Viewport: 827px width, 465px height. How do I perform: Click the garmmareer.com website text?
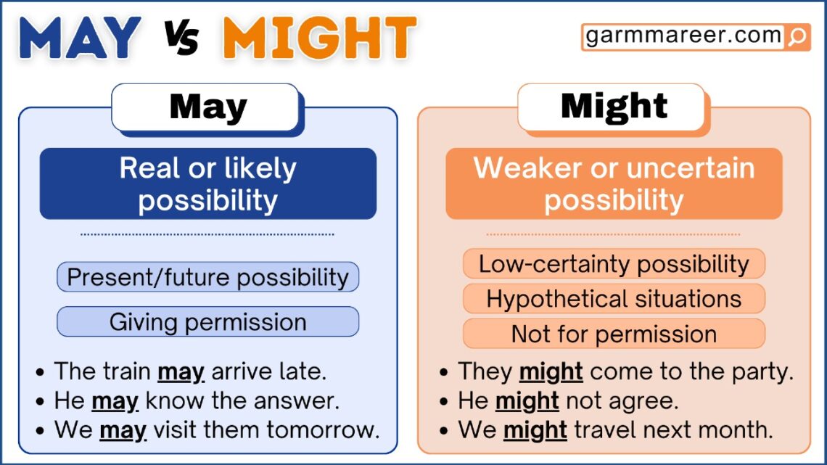tap(683, 36)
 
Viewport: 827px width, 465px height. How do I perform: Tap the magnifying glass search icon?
tap(797, 36)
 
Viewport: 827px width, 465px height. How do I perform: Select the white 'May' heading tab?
tap(207, 107)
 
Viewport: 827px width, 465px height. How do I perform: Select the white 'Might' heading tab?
tap(613, 107)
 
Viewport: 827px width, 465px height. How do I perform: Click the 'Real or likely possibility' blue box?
tap(207, 184)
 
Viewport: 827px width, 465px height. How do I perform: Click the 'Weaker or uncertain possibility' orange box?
tap(613, 184)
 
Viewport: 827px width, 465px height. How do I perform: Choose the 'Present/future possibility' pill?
tap(207, 277)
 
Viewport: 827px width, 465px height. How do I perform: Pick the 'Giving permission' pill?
tap(207, 321)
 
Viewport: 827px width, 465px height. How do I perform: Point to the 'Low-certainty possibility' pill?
tap(614, 263)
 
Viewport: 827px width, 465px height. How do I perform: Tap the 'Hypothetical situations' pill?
tap(614, 298)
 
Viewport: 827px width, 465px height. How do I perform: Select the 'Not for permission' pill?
tap(614, 334)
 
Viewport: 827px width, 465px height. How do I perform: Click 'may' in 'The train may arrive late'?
tap(181, 372)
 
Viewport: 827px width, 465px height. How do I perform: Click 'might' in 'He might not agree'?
tap(527, 400)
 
